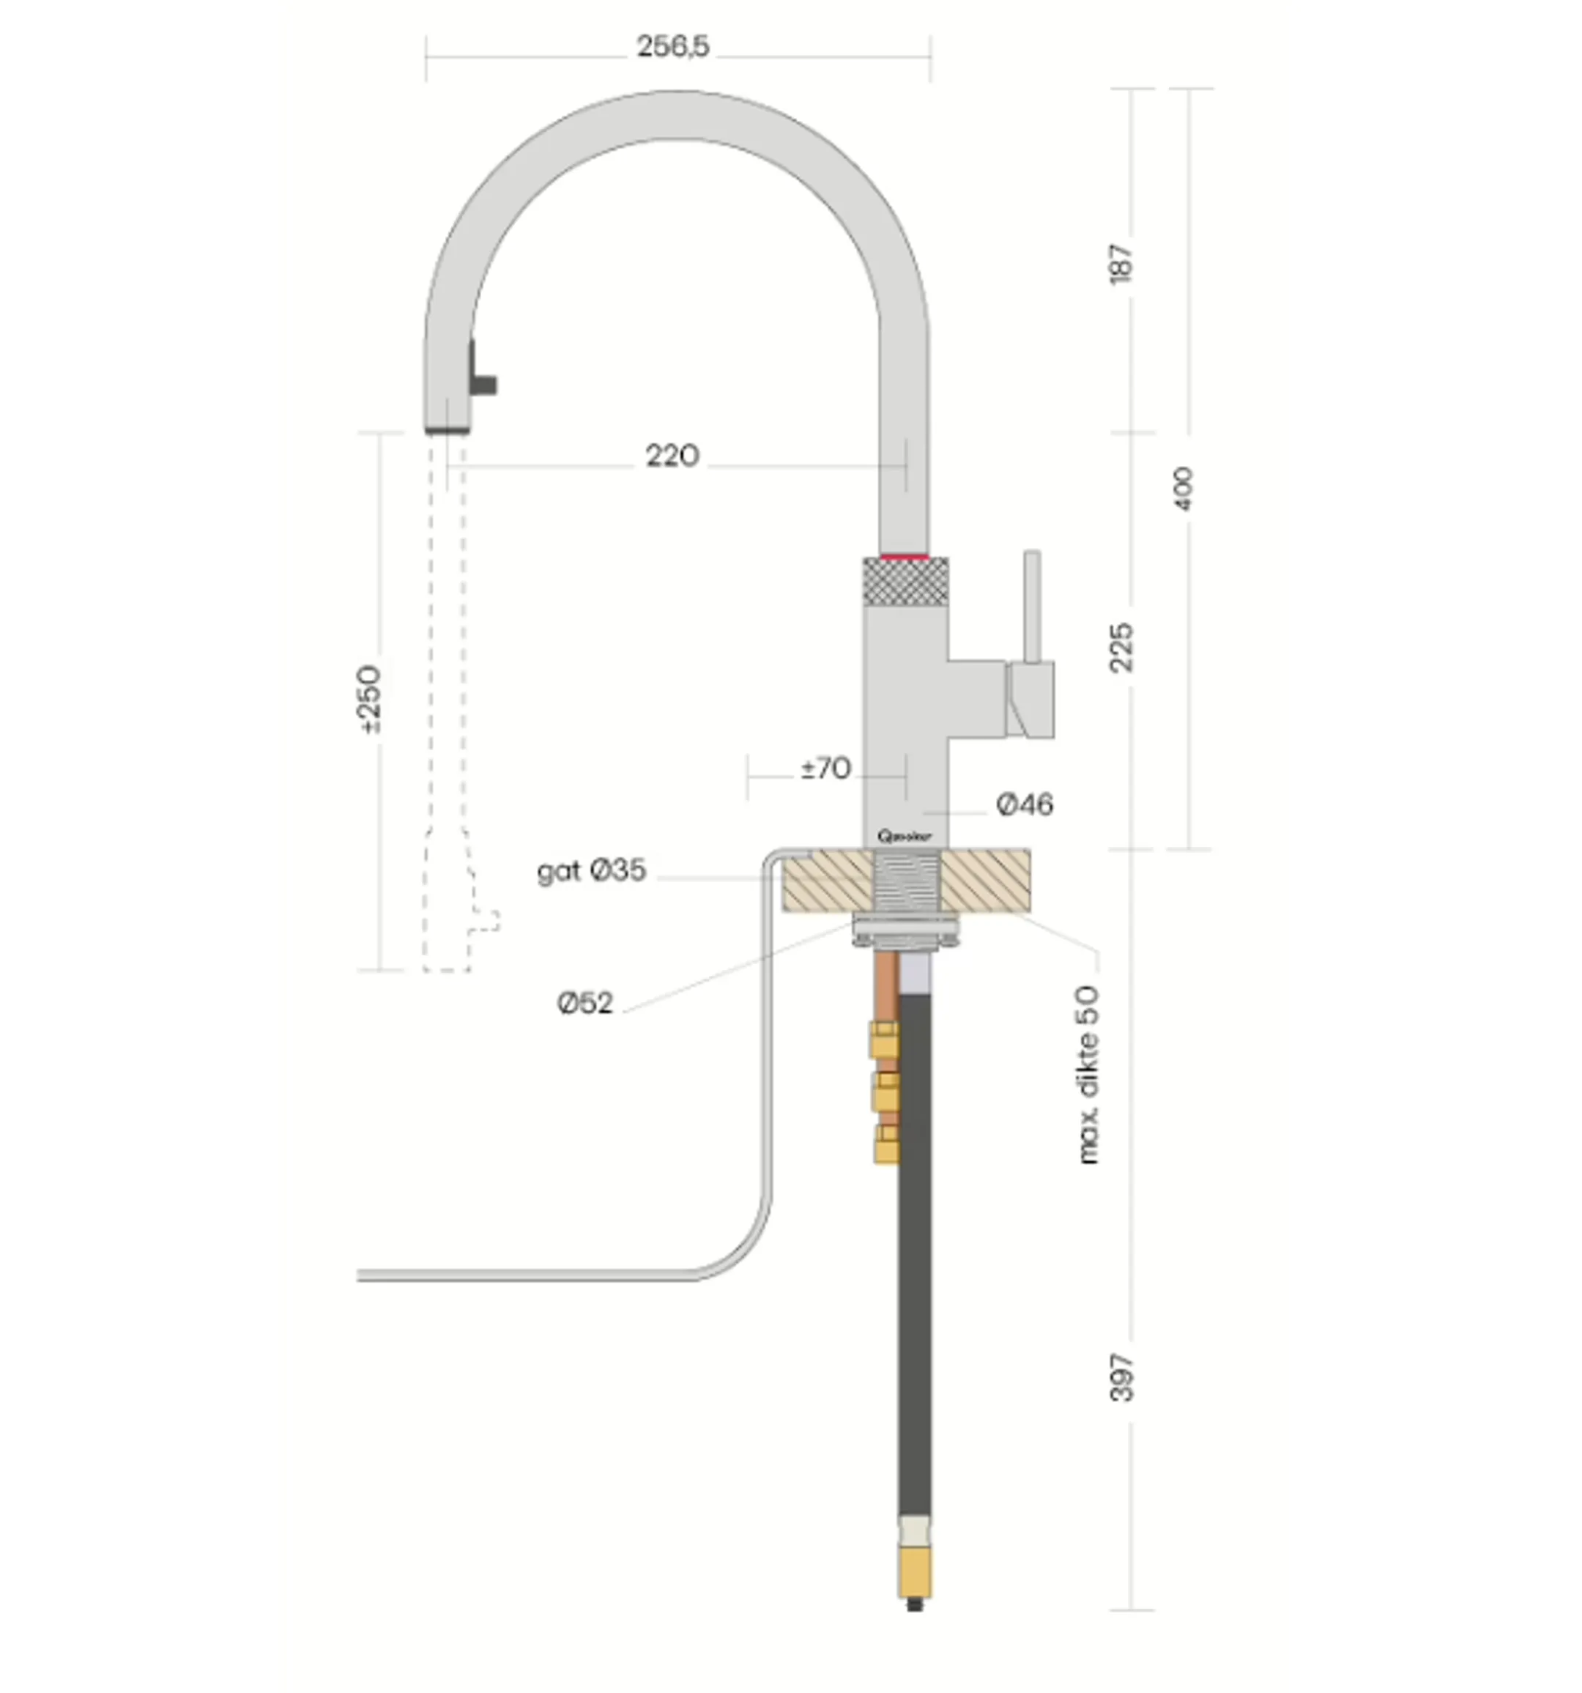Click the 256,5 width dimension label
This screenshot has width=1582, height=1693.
point(672,46)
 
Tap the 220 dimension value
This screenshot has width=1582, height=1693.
point(672,456)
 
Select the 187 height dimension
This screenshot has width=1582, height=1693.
point(1122,263)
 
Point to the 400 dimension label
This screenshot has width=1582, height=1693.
point(1184,488)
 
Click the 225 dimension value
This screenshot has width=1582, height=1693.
point(1122,647)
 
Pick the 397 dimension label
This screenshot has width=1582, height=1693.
point(1122,1377)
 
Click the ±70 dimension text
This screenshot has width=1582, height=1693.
point(825,769)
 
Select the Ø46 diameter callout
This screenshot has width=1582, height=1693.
point(1025,804)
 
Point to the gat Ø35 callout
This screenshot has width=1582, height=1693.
point(592,870)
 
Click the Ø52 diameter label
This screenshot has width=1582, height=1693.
point(585,1003)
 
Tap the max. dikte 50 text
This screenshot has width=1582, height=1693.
point(1088,1075)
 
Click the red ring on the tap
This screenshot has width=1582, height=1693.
point(905,557)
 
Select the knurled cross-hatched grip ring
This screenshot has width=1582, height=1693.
point(905,582)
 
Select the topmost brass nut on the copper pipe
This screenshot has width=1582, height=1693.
point(885,1040)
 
